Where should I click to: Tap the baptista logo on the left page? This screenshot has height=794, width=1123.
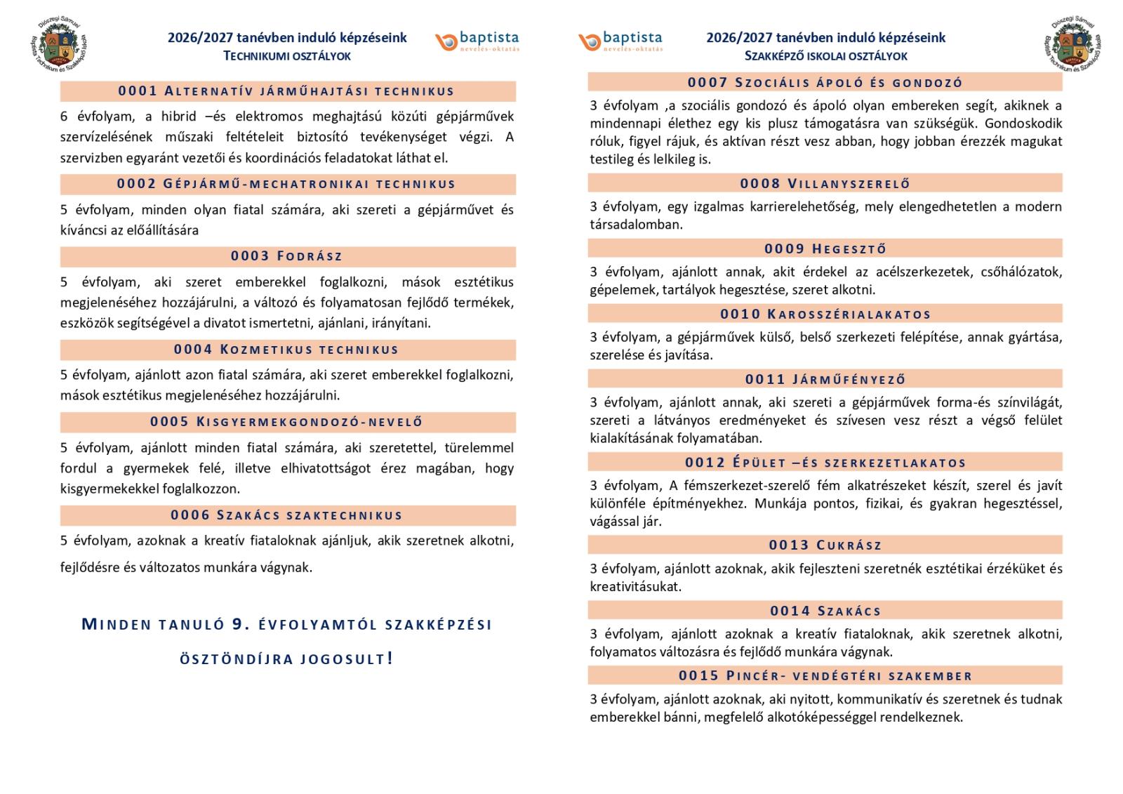point(477,41)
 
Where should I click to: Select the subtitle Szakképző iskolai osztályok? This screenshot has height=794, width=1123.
point(825,56)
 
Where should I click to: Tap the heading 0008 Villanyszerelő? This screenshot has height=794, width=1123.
point(825,184)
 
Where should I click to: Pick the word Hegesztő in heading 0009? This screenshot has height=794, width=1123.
point(849,249)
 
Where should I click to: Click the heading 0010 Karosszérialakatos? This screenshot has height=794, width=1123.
point(825,315)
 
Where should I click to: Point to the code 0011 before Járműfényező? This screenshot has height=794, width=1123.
point(765,380)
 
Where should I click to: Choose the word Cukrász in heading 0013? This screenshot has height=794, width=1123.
point(849,545)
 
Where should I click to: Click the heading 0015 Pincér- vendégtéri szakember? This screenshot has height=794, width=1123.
point(825,676)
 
